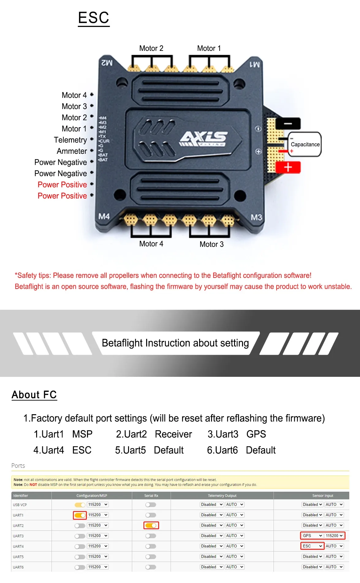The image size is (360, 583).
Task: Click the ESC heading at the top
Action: [x=94, y=18]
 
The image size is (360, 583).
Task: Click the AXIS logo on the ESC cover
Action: [x=204, y=138]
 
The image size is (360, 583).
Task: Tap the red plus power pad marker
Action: [x=288, y=168]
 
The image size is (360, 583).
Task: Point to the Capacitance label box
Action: [x=305, y=144]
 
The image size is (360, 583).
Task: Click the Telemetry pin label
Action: [x=70, y=140]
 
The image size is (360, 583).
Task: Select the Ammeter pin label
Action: [x=72, y=151]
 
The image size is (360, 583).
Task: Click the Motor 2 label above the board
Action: [x=151, y=48]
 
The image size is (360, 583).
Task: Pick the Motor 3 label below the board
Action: [x=211, y=244]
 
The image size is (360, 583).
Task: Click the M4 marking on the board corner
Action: [x=104, y=217]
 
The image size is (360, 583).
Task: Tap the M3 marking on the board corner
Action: [x=256, y=218]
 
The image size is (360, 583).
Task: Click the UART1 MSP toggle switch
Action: [x=80, y=515]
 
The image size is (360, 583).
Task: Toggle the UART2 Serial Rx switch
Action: [x=151, y=526]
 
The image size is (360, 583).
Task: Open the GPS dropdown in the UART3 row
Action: [x=312, y=536]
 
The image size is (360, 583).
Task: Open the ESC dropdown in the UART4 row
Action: [x=312, y=546]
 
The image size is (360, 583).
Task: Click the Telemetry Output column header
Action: [x=222, y=496]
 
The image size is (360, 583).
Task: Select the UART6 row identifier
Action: [x=18, y=567]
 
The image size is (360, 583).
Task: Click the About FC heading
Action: [x=34, y=395]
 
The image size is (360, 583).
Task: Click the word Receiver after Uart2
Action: [x=173, y=434]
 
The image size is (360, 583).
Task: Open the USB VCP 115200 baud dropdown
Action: [x=98, y=505]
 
